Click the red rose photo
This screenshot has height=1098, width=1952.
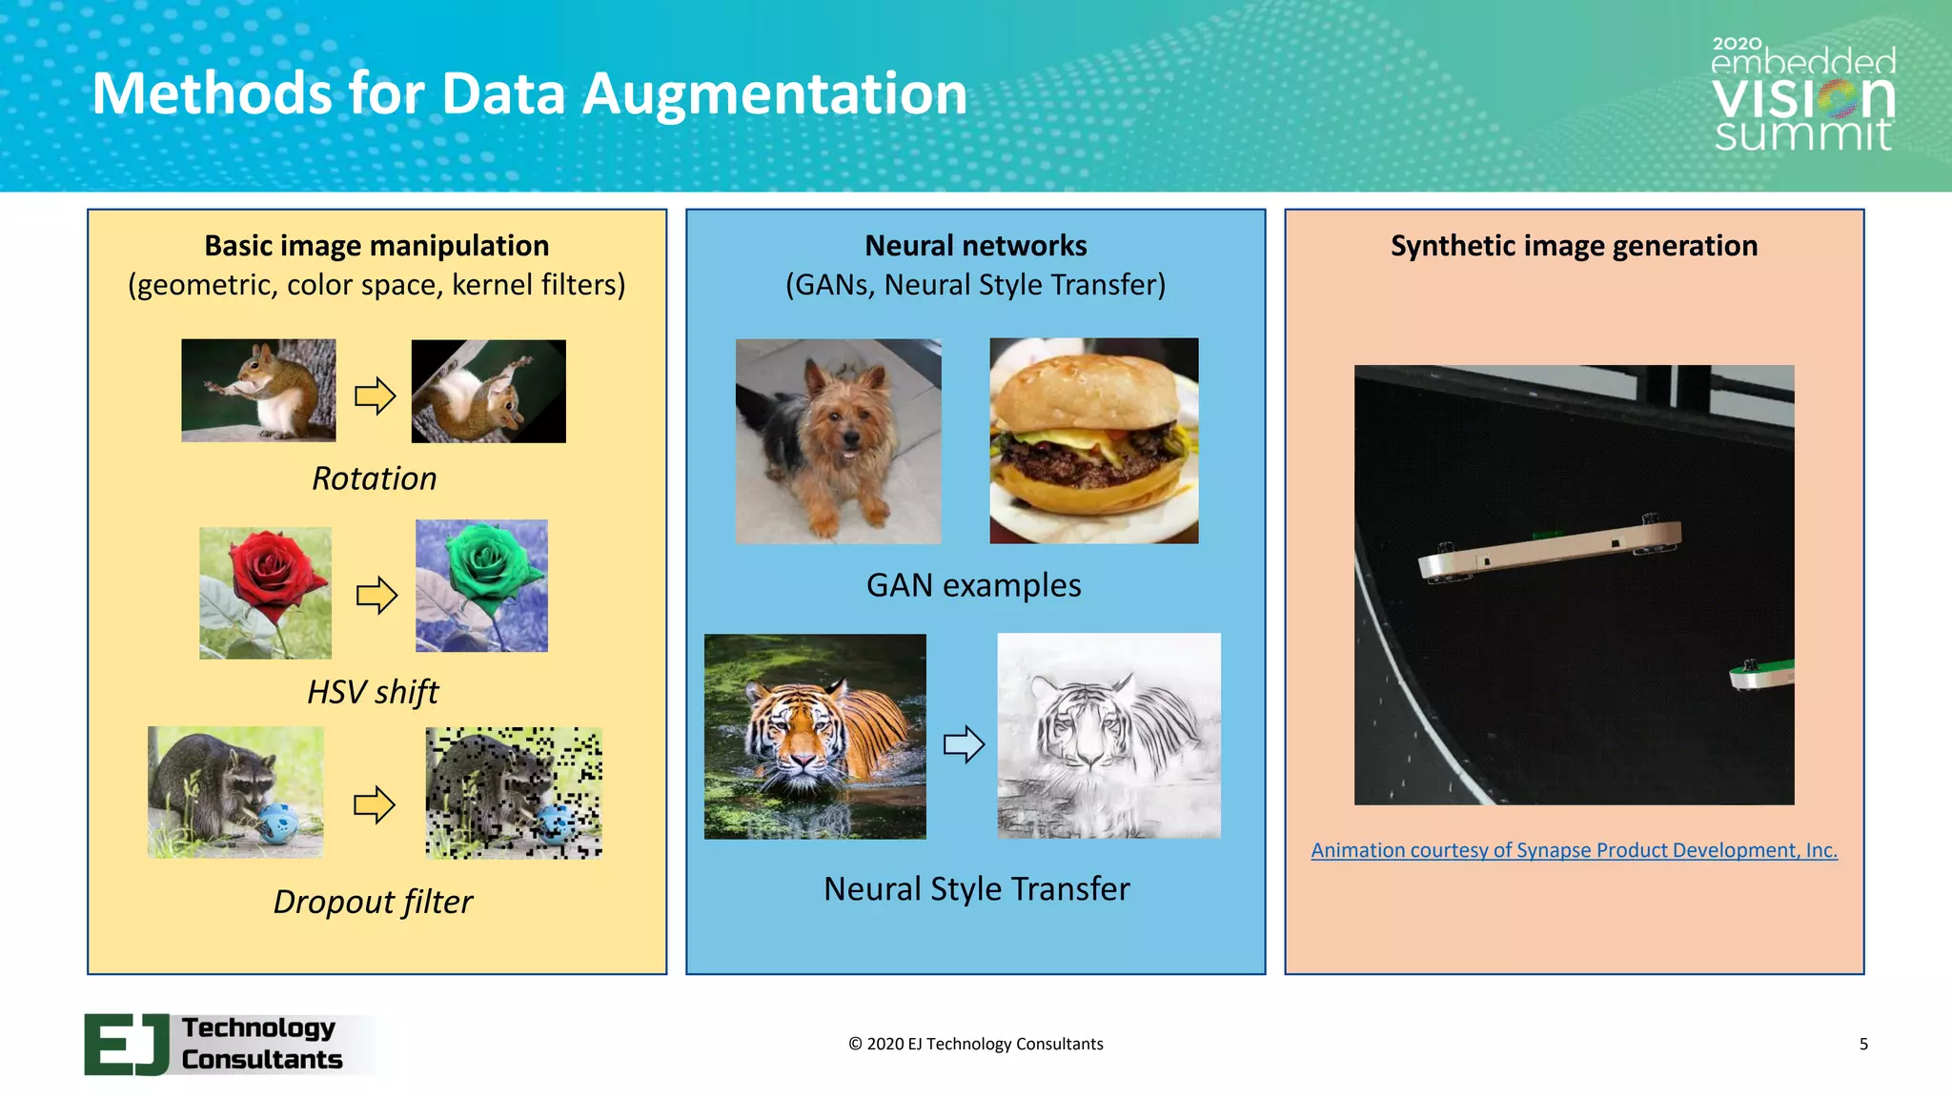pyautogui.click(x=265, y=593)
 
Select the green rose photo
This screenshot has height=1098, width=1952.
pyautogui.click(x=481, y=585)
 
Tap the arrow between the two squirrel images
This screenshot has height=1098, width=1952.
pyautogui.click(x=375, y=396)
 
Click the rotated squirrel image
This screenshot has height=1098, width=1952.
pyautogui.click(x=488, y=391)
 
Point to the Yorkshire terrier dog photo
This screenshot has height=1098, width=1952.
pyautogui.click(x=838, y=441)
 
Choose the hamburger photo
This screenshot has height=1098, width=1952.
pyautogui.click(x=1093, y=440)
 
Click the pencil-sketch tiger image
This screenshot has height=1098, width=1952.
pyautogui.click(x=1108, y=736)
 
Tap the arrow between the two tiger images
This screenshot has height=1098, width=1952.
pyautogui.click(x=964, y=744)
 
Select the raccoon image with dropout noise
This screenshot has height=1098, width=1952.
pyautogui.click(x=514, y=793)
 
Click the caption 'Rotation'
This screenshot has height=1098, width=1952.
pyautogui.click(x=374, y=478)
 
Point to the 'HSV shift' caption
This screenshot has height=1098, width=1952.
pyautogui.click(x=373, y=692)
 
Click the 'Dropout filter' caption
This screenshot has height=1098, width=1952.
pyautogui.click(x=373, y=902)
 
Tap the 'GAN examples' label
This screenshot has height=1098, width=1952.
pyautogui.click(x=973, y=585)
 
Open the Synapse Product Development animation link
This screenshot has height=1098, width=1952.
pyautogui.click(x=1574, y=850)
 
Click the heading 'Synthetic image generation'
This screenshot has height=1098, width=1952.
pyautogui.click(x=1574, y=246)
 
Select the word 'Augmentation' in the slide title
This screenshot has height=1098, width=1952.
pyautogui.click(x=774, y=94)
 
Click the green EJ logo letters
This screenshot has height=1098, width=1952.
pyautogui.click(x=127, y=1045)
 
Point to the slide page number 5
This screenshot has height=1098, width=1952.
pyautogui.click(x=1863, y=1045)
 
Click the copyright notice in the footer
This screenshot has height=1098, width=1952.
pyautogui.click(x=975, y=1045)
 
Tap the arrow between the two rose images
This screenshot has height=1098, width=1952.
pyautogui.click(x=376, y=596)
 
